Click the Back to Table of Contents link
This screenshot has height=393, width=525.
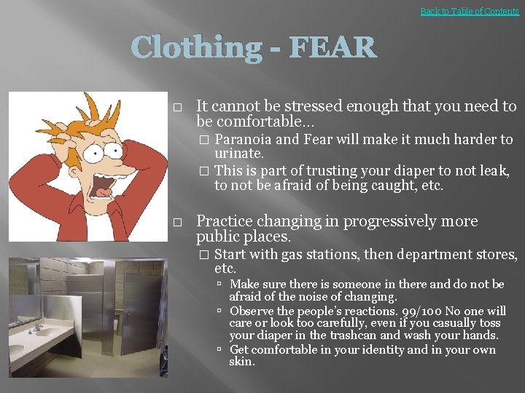pos(470,11)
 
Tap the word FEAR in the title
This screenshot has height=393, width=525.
pos(332,48)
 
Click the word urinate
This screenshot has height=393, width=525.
pos(238,154)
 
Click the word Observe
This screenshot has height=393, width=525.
pos(252,310)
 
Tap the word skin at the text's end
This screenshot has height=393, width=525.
pos(241,362)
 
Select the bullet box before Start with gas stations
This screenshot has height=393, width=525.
pos(204,255)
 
